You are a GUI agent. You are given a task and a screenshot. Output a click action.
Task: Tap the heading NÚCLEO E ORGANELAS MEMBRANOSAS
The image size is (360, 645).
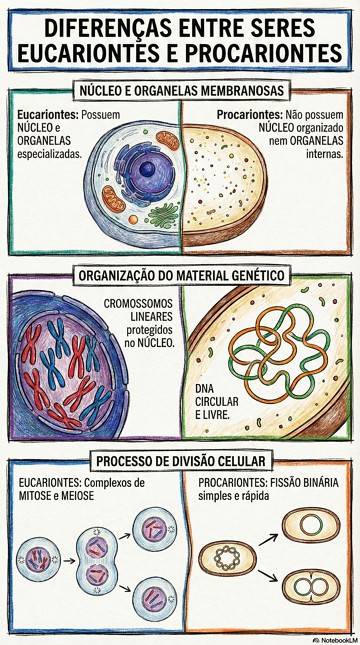tap(180, 90)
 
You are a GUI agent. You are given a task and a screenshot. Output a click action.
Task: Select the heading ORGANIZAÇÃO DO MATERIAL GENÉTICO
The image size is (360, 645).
tap(180, 274)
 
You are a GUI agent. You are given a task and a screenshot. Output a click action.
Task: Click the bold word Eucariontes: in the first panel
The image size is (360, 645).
tap(47, 117)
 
